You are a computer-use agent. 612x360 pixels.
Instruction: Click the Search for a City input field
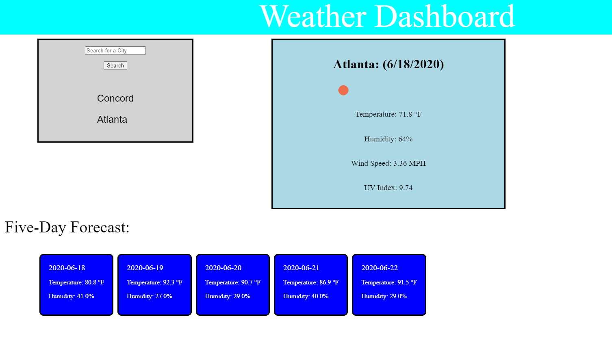115,50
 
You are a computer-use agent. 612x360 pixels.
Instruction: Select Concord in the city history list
115,98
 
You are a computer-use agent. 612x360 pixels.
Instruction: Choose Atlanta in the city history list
112,119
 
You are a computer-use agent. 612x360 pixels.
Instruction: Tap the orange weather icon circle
343,90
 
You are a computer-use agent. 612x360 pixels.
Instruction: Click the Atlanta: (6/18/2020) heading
388,65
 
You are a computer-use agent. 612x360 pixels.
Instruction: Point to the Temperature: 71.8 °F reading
388,114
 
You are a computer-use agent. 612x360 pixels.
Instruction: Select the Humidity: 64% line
388,139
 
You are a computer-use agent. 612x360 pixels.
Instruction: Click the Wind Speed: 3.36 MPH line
388,163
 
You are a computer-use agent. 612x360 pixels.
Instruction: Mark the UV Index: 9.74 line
388,188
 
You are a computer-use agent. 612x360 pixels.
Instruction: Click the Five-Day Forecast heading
67,227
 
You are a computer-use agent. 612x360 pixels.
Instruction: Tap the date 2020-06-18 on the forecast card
67,268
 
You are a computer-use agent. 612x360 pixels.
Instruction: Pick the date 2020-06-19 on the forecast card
145,268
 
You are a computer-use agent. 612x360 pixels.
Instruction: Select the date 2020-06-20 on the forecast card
223,268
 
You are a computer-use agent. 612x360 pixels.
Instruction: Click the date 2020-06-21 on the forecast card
301,268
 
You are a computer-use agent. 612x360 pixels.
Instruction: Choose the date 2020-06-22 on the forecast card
380,268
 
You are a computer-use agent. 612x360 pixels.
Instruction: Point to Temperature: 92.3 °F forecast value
154,282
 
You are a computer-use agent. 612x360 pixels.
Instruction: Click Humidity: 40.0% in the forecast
306,296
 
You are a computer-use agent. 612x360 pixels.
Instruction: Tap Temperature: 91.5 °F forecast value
389,282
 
